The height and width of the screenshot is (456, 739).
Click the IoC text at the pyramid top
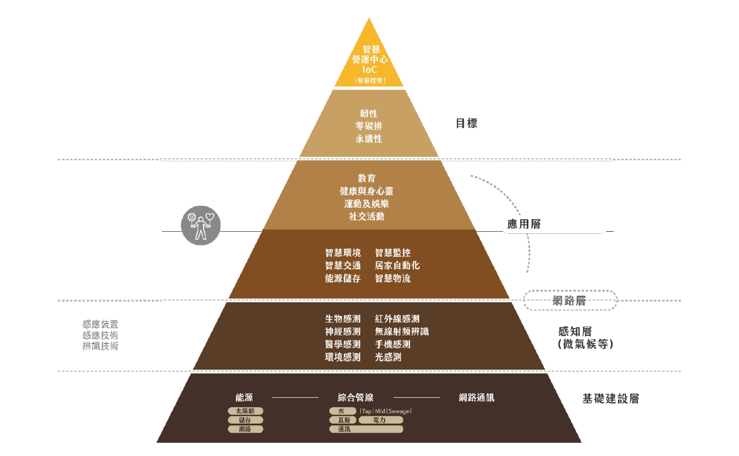369,70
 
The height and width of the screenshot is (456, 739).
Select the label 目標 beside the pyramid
466,124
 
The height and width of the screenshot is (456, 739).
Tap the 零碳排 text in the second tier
369,126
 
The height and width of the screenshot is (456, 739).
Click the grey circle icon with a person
200,226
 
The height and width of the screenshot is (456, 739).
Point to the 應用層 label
524,224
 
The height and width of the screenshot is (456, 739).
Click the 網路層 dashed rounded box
570,300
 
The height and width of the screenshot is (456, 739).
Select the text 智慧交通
343,266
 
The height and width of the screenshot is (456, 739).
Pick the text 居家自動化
397,266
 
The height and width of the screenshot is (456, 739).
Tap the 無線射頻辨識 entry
402,332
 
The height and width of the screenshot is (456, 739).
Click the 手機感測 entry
393,344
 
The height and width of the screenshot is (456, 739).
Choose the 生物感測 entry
343,319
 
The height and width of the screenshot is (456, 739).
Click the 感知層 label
574,332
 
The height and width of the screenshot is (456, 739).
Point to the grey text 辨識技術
101,346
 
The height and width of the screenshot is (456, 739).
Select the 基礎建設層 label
610,399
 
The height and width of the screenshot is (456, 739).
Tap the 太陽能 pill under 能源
245,411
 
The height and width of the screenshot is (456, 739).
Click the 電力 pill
380,420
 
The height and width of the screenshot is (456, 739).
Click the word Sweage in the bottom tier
399,411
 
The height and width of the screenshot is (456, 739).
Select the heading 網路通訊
476,398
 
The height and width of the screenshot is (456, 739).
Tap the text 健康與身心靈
367,191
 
